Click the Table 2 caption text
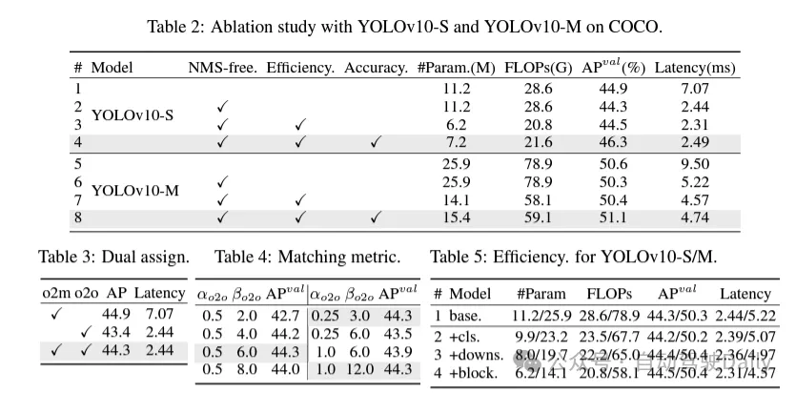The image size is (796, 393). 398,26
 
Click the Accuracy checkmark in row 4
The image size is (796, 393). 376,142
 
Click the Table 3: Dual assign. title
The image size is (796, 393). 113,257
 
